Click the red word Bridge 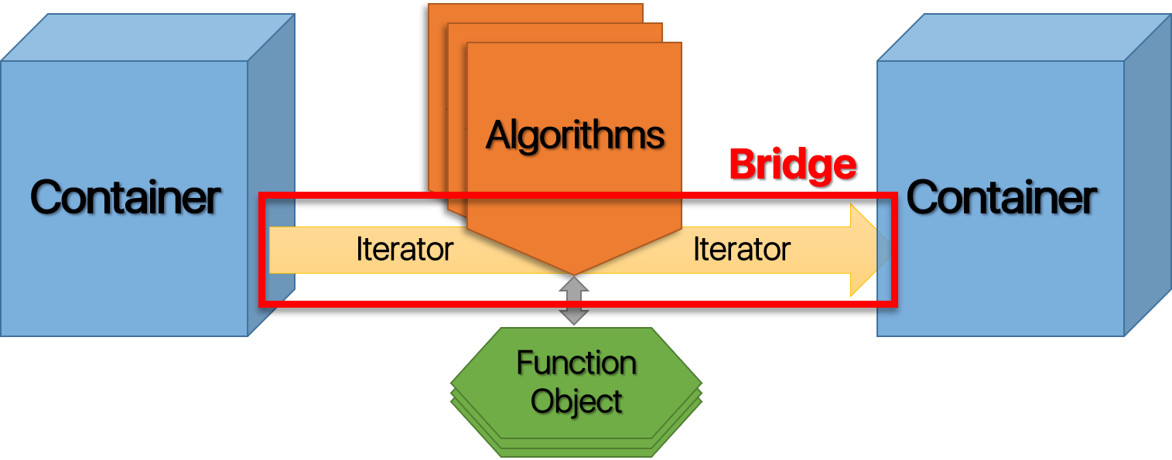coord(792,165)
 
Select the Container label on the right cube coord(1001,197)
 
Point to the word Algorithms coord(575,136)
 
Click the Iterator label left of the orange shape coord(404,250)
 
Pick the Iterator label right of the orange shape coord(741,250)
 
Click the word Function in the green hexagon coord(576,363)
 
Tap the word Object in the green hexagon coord(576,401)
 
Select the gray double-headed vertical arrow coord(575,301)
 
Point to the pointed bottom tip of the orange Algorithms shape coord(575,272)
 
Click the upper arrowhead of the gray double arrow coord(575,285)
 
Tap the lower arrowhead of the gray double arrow coord(575,317)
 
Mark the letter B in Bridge coord(742,165)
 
